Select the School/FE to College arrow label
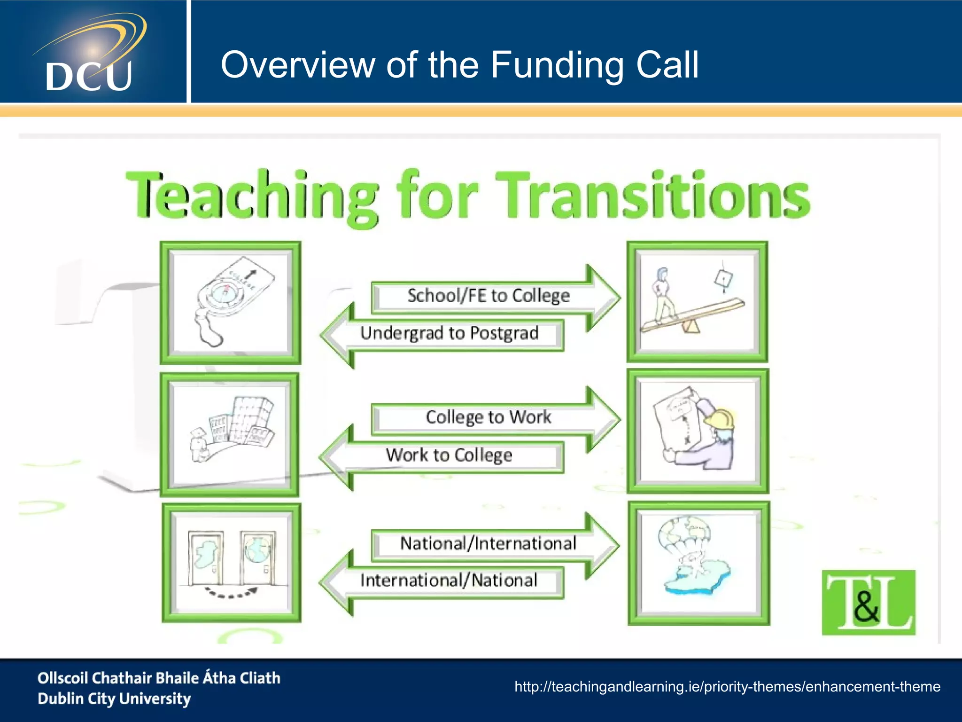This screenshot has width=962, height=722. [x=488, y=296]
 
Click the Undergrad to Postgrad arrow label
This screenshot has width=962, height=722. [x=450, y=333]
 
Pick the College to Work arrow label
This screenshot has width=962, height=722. [x=488, y=417]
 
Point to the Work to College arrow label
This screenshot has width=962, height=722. [x=449, y=455]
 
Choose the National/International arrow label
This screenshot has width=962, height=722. [x=488, y=543]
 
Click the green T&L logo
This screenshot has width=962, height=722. [x=868, y=602]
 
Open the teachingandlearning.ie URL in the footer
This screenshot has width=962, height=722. [x=727, y=687]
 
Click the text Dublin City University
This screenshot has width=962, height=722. [x=114, y=699]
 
